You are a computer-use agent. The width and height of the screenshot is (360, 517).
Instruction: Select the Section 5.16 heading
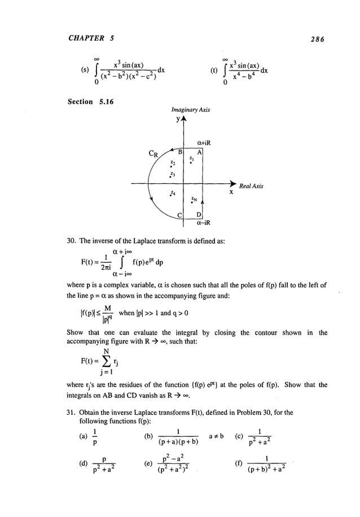pos(94,101)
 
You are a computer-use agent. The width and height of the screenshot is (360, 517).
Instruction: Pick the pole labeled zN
pos(193,201)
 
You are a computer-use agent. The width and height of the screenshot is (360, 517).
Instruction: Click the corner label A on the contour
pos(200,152)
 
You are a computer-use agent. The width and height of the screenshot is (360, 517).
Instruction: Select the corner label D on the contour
pos(199,216)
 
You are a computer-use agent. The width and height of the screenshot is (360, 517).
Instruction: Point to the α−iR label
pos(204,223)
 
